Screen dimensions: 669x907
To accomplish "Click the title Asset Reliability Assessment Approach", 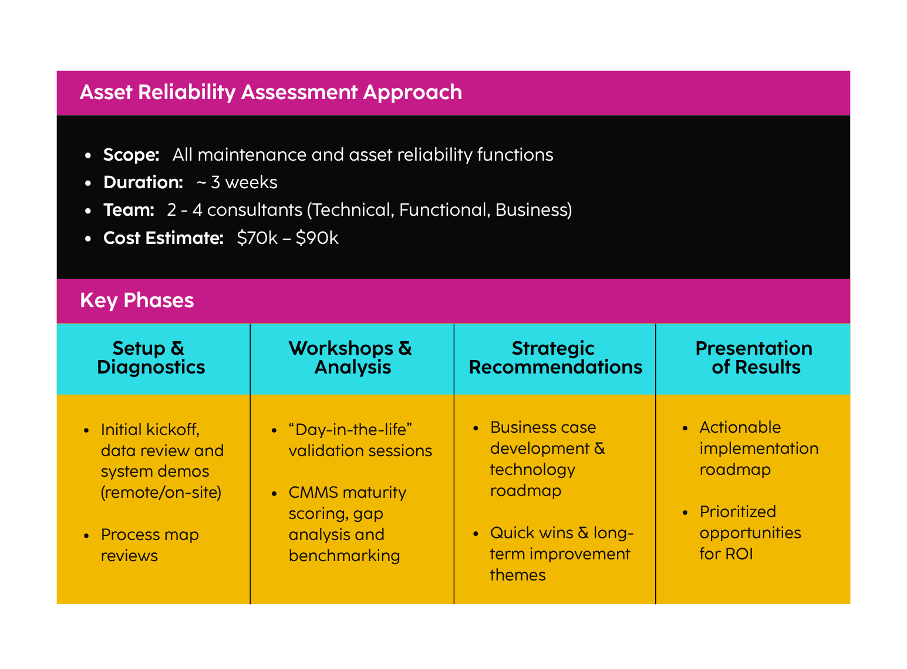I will pos(271,93).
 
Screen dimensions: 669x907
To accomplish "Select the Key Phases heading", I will pos(137,301).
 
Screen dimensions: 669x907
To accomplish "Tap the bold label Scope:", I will pos(131,155).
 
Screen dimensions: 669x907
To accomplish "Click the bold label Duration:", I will pos(143,182).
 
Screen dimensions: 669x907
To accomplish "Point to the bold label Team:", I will pos(129,210).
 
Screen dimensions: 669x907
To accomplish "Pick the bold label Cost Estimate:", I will pos(163,238).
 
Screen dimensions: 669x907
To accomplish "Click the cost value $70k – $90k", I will pos(288,238).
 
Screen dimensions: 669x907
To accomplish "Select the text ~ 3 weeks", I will pos(237,182).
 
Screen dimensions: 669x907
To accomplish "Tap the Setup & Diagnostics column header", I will pos(151,358).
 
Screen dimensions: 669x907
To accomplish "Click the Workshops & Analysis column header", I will pos(351,358).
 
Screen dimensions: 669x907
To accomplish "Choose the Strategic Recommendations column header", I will pos(555,358).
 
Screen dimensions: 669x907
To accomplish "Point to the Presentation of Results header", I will pos(754,358).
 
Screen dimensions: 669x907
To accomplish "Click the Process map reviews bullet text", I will pos(150,545).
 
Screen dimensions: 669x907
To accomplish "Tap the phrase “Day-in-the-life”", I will pos(350,430).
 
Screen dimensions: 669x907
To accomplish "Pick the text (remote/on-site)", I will pos(161,493).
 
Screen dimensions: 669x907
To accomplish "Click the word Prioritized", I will pos(737,512).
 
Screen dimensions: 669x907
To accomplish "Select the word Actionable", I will pos(740,427).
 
